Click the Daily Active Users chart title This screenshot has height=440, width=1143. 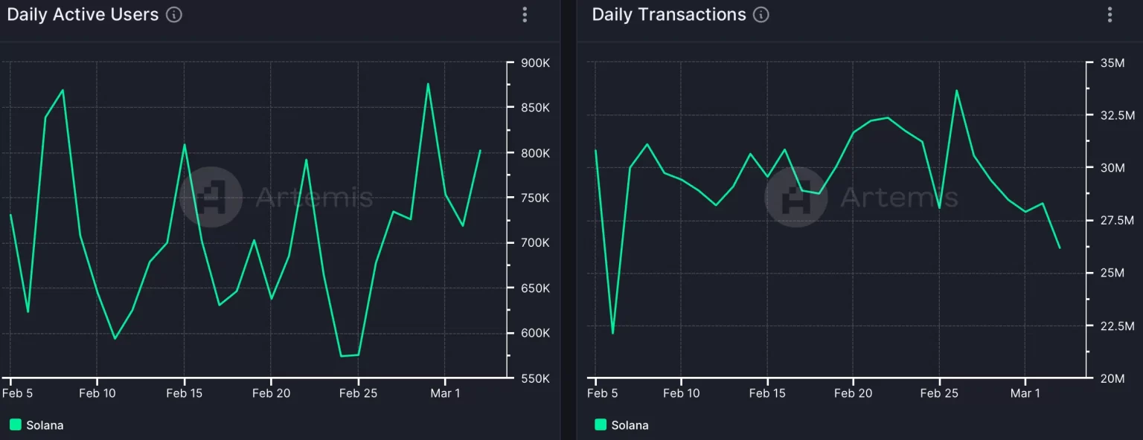83,15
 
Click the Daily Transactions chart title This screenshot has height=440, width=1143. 668,15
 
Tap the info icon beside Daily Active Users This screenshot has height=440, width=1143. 174,15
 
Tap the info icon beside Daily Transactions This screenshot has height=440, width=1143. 760,15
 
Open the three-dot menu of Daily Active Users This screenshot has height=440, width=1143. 525,15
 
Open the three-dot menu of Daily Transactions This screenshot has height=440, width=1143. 1110,15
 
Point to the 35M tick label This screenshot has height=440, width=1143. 1118,63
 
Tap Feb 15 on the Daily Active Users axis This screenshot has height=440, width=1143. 184,393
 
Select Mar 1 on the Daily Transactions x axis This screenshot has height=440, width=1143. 1025,393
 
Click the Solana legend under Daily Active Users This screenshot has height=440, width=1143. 37,425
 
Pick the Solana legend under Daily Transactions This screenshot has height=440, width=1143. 622,425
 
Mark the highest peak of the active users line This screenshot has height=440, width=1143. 428,84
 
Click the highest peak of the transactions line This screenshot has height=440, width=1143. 956,91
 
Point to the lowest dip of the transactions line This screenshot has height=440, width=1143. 612,333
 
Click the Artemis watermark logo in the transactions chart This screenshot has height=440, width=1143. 795,196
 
